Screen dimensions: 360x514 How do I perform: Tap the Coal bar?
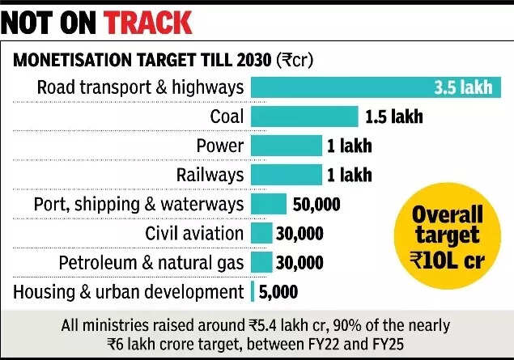(x=304, y=116)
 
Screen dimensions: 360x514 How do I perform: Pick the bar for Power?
(x=286, y=146)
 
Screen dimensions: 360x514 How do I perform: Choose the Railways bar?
(x=286, y=175)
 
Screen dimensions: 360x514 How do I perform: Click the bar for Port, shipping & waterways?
(x=269, y=204)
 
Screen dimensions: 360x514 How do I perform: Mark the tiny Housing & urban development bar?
(x=253, y=291)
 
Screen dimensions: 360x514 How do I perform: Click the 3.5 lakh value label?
(x=463, y=87)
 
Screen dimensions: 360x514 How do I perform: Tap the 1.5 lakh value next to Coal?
(x=393, y=116)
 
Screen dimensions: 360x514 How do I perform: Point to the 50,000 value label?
(x=316, y=204)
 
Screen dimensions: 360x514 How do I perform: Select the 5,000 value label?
(x=278, y=291)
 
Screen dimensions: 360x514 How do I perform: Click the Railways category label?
(x=210, y=175)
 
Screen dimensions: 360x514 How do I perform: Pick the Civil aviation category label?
(x=194, y=233)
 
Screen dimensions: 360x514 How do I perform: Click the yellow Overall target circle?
(x=448, y=237)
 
